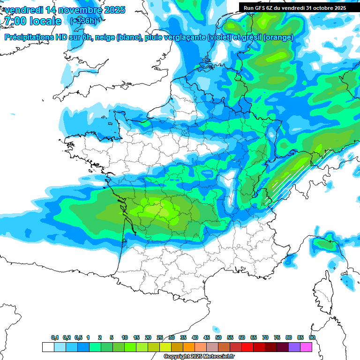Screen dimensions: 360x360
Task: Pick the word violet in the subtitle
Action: [x=219, y=37]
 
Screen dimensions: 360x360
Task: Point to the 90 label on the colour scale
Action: [x=312, y=337]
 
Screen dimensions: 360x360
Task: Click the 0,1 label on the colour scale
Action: [x=55, y=337]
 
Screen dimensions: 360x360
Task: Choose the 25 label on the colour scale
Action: [x=160, y=337]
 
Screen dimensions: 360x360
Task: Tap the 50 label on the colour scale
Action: [x=218, y=337]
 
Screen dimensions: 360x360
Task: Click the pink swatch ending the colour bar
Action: [x=306, y=347]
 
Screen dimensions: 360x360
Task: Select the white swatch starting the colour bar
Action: [x=48, y=347]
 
